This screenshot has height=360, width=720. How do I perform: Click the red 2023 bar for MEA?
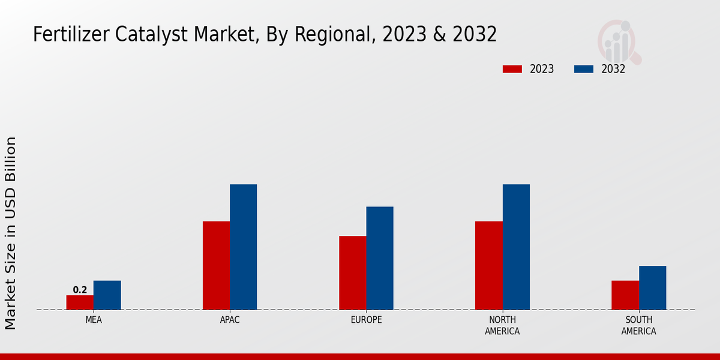(80, 302)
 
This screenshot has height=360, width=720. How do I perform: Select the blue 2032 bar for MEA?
(107, 295)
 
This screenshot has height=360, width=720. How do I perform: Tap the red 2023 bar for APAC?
(216, 265)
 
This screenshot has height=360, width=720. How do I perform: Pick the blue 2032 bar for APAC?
(243, 247)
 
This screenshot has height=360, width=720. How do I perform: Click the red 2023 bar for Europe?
(352, 272)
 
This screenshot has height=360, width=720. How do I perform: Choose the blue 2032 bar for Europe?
(380, 258)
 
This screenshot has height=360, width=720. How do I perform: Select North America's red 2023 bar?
(488, 265)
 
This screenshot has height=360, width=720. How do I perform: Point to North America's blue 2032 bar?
(516, 247)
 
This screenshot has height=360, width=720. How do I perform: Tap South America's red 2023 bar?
(625, 295)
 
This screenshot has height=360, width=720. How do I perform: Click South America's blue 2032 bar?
(652, 287)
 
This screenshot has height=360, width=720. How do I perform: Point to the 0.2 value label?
(80, 290)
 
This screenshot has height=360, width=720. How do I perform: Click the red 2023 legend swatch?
(512, 69)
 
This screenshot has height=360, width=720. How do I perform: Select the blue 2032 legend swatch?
(583, 69)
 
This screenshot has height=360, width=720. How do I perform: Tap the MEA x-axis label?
(94, 320)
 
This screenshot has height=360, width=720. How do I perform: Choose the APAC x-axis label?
(230, 320)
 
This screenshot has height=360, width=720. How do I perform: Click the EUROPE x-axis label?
(366, 320)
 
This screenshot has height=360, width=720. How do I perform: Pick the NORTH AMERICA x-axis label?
(502, 325)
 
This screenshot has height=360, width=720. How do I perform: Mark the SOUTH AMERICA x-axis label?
(638, 325)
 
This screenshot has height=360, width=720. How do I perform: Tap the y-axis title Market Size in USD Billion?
(11, 233)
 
